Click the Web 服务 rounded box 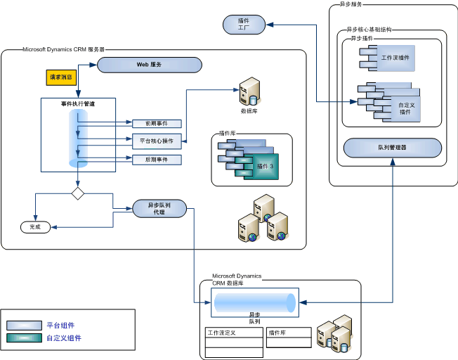point(149,65)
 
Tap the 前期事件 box point(156,124)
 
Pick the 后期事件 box point(156,160)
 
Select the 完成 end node point(35,227)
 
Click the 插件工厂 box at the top point(244,25)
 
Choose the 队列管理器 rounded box point(392,148)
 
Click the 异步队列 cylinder point(253,303)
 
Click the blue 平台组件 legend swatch point(24,326)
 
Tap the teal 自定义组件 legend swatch point(24,338)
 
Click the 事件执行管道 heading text point(77,103)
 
